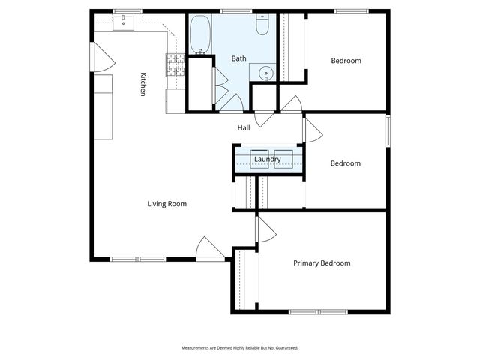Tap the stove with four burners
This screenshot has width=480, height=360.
tap(175, 66)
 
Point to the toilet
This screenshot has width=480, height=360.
tap(262, 27)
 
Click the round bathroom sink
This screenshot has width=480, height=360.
tap(265, 73)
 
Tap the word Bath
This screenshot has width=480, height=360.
tap(238, 58)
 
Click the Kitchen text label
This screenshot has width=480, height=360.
tap(142, 83)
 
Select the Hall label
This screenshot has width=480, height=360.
tap(244, 128)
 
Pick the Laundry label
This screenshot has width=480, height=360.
tap(268, 160)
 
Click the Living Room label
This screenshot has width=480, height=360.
tap(166, 204)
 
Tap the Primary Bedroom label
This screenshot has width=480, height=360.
tap(322, 263)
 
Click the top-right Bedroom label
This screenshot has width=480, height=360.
tap(346, 61)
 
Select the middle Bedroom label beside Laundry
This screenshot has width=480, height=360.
tap(346, 163)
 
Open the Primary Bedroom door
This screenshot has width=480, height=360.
tap(264, 229)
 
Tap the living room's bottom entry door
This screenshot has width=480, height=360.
tap(210, 250)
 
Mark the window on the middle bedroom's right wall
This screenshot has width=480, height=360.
tap(388, 130)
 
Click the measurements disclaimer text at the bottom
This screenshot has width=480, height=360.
tap(240, 348)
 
